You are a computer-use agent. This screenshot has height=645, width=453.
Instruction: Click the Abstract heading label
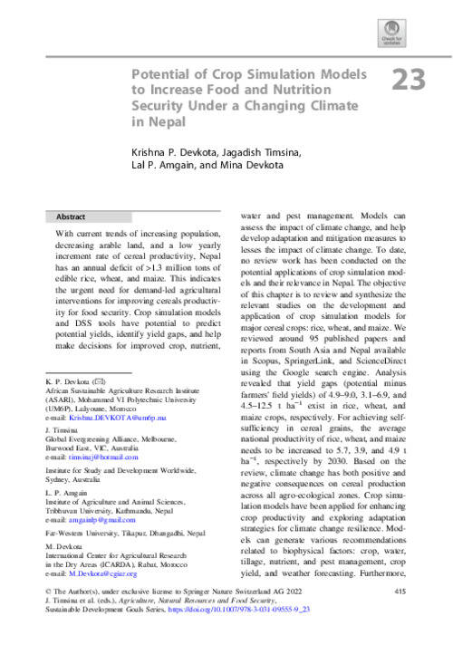click(x=71, y=217)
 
